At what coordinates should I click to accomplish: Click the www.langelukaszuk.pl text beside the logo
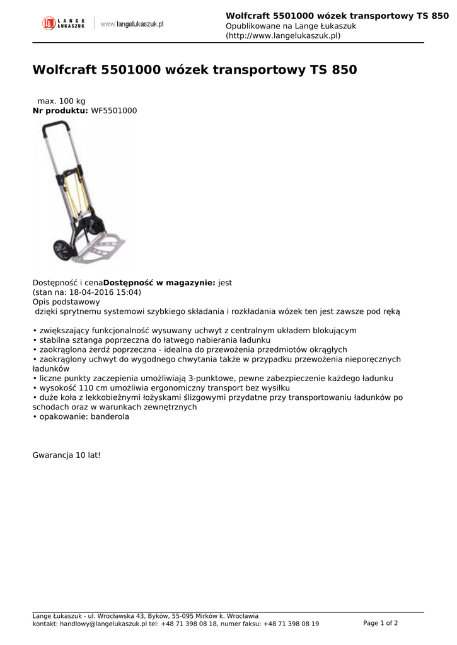tap(132, 24)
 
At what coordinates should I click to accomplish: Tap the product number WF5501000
tap(114, 111)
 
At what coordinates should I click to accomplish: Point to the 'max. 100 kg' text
tap(61, 101)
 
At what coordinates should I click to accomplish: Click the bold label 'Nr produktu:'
tap(61, 111)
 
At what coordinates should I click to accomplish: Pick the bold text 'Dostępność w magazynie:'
tap(159, 283)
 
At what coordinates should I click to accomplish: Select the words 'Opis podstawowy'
tap(64, 302)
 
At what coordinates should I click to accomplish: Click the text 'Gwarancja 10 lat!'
tap(66, 455)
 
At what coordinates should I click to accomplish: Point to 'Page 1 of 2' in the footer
tap(380, 623)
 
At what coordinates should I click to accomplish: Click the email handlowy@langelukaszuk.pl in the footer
tap(103, 624)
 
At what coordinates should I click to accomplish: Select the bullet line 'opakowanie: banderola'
tap(84, 417)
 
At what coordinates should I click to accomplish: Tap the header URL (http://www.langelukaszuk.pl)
tap(283, 36)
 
